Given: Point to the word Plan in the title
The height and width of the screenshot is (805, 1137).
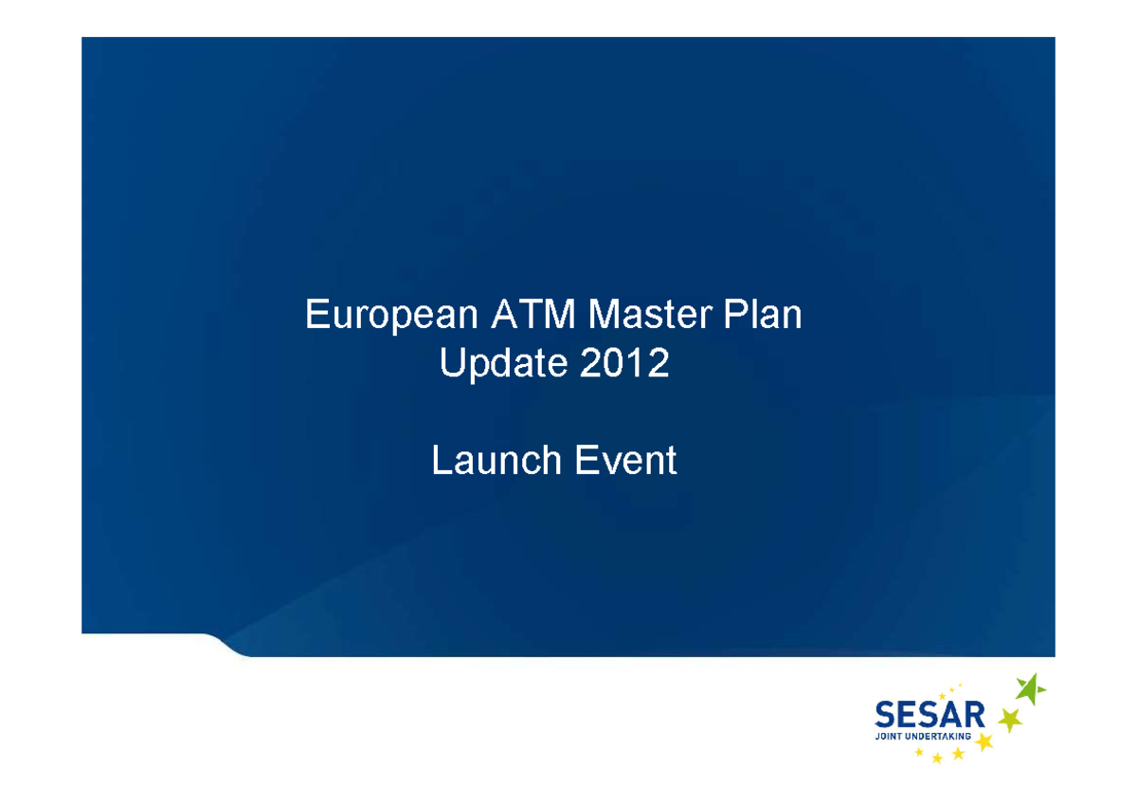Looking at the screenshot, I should point(763,314).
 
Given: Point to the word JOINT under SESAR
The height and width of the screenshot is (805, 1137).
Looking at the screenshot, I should point(890,735).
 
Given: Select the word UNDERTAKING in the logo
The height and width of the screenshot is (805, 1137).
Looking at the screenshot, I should point(945,735).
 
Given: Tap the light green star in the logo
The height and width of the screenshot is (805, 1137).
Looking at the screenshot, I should point(1011,721).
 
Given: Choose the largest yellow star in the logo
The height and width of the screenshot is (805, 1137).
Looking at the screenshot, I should point(984,741).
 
